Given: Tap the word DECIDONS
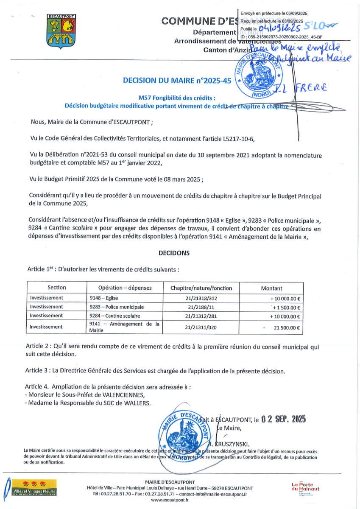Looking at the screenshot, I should pyautogui.click(x=174, y=253).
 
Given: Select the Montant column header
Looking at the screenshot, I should pyautogui.click(x=271, y=288).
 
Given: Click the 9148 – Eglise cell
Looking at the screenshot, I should pyautogui.click(x=103, y=298).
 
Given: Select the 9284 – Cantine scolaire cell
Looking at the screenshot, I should pyautogui.click(x=114, y=316).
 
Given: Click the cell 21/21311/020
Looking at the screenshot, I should pyautogui.click(x=201, y=327).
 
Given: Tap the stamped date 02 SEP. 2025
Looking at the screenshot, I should pyautogui.click(x=283, y=420).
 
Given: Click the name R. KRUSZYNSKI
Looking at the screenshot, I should pyautogui.click(x=234, y=444).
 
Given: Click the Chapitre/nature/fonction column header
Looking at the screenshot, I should pyautogui.click(x=201, y=288).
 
